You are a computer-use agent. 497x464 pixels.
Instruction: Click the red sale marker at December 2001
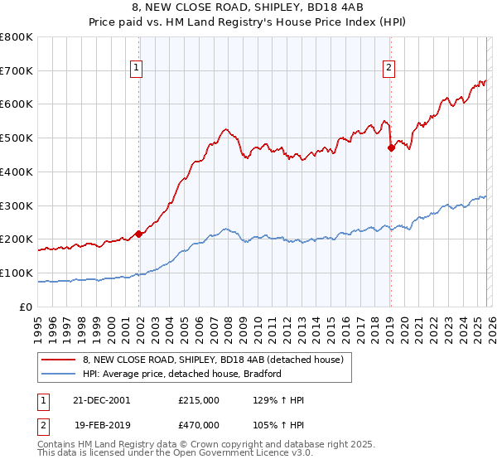pyautogui.click(x=139, y=234)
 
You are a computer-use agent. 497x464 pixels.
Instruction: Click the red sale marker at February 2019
pyautogui.click(x=391, y=148)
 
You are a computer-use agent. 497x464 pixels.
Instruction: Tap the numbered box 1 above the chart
pyautogui.click(x=136, y=69)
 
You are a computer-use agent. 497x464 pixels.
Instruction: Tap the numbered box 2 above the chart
pyautogui.click(x=388, y=69)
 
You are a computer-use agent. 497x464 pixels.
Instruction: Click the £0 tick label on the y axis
pyautogui.click(x=27, y=307)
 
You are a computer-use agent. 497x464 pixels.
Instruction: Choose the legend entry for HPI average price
pyautogui.click(x=183, y=374)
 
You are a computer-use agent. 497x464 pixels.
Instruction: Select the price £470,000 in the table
pyautogui.click(x=199, y=424)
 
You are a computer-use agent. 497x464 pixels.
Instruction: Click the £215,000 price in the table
pyautogui.click(x=199, y=400)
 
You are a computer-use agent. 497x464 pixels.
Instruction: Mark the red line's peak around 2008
pyautogui.click(x=224, y=129)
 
